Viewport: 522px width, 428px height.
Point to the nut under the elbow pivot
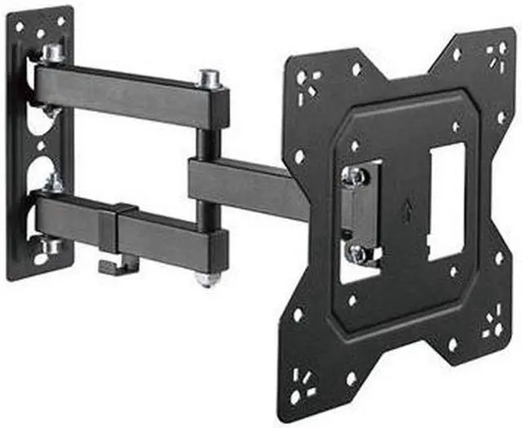209,280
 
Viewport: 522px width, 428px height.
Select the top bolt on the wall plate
54,54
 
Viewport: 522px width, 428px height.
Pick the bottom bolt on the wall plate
51,244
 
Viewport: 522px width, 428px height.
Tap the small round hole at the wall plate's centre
39,151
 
